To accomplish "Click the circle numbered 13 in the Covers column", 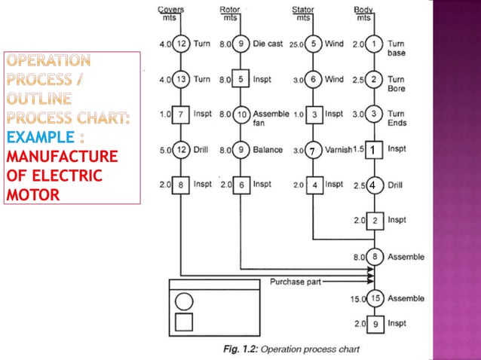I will (182, 79).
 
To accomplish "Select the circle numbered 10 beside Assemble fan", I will (240, 114).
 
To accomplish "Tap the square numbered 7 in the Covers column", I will (182, 114).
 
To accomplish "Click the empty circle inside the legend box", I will (183, 302).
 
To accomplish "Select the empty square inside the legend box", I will (183, 323).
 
